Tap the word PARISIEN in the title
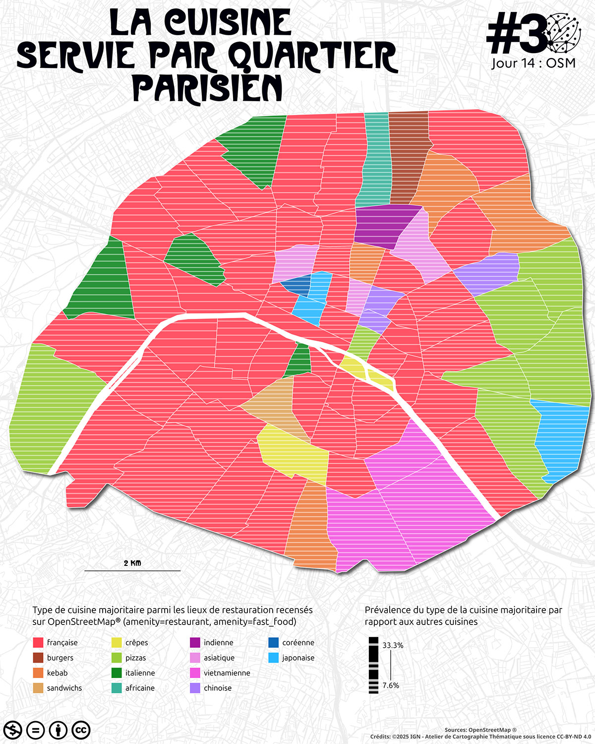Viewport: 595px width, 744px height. [x=207, y=88]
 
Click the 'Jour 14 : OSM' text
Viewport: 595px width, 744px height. [x=534, y=63]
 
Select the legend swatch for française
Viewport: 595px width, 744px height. [x=38, y=642]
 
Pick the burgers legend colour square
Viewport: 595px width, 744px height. [x=38, y=658]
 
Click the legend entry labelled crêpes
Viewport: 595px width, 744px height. [x=136, y=642]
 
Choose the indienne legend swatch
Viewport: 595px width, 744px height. [x=195, y=642]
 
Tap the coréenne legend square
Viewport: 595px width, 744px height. [x=273, y=642]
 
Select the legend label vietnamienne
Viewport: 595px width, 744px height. [x=227, y=673]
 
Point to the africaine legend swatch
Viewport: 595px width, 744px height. [x=117, y=688]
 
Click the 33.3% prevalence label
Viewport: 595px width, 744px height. [x=393, y=645]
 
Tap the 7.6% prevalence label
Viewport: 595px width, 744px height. [x=391, y=685]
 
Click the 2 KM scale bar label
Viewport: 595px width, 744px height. [x=132, y=563]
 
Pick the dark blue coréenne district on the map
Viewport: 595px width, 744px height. [x=297, y=285]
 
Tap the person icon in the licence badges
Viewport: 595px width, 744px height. [x=59, y=730]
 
